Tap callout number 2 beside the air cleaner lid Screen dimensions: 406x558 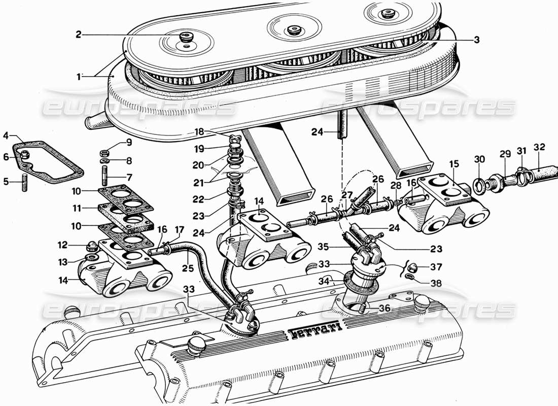coord(79,35)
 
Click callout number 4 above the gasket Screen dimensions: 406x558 coord(6,136)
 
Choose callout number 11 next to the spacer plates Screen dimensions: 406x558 coord(77,208)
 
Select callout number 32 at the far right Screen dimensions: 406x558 coord(539,148)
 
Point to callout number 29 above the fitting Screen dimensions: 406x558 coord(504,153)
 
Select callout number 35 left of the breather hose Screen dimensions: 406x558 coord(324,247)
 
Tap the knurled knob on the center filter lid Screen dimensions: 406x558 coord(293,31)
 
